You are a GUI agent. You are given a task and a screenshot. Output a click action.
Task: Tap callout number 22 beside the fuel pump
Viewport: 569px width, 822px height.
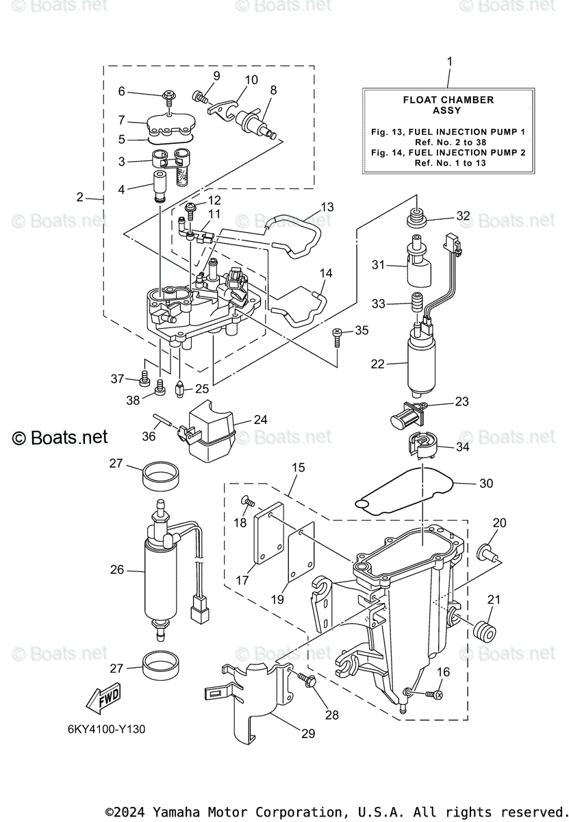(x=378, y=364)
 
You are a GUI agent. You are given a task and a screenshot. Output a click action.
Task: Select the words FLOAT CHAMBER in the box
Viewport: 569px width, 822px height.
(x=448, y=100)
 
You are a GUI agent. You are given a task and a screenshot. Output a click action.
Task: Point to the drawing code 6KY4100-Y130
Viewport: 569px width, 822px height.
(x=106, y=729)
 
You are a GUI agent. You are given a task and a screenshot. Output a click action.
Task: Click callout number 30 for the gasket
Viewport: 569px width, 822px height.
(x=485, y=483)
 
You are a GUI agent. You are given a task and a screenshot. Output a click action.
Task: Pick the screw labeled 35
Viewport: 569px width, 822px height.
(x=338, y=335)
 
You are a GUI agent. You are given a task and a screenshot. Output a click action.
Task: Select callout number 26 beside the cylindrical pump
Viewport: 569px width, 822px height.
(x=116, y=569)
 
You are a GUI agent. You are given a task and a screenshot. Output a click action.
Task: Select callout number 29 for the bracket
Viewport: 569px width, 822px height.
(x=307, y=734)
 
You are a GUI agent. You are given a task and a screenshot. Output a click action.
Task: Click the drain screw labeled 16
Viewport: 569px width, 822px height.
(x=433, y=695)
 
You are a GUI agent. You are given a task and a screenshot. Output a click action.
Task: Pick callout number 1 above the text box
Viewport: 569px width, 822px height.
(x=449, y=62)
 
